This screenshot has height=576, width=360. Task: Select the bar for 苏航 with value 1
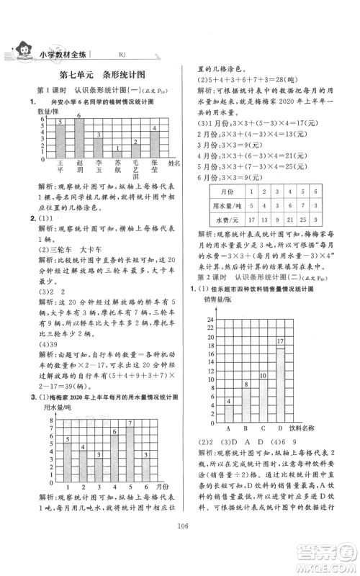117,153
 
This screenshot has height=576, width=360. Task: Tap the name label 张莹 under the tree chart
154,167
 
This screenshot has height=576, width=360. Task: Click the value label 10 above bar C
263,375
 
